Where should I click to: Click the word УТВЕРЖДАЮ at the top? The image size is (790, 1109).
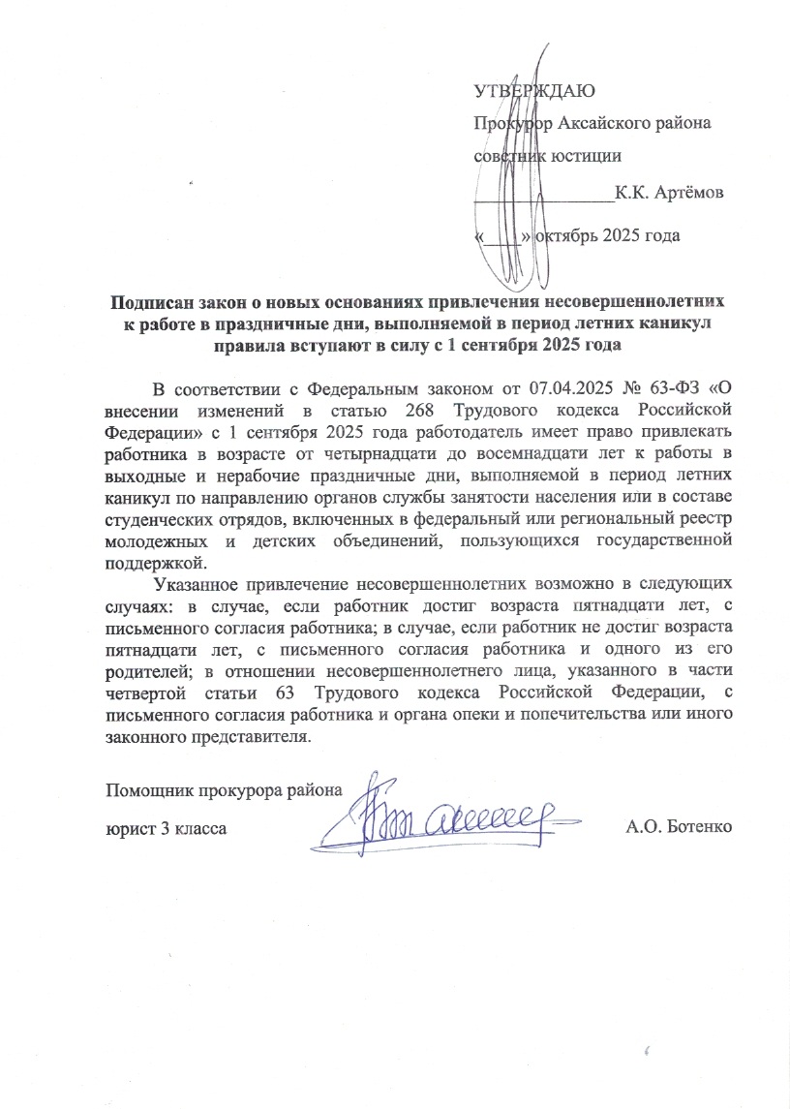pyautogui.click(x=533, y=92)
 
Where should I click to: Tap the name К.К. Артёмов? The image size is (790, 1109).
pyautogui.click(x=668, y=193)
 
